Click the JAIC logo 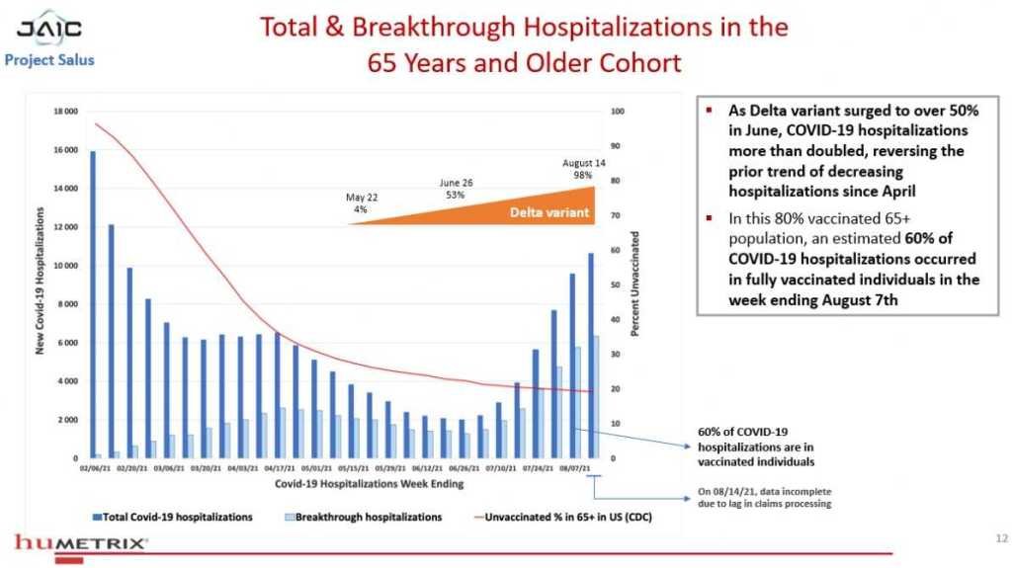pos(49,27)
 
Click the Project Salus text pos(49,59)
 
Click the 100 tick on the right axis pos(618,112)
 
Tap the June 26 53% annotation pos(456,189)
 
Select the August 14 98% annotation pos(583,168)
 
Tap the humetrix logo pos(81,542)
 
